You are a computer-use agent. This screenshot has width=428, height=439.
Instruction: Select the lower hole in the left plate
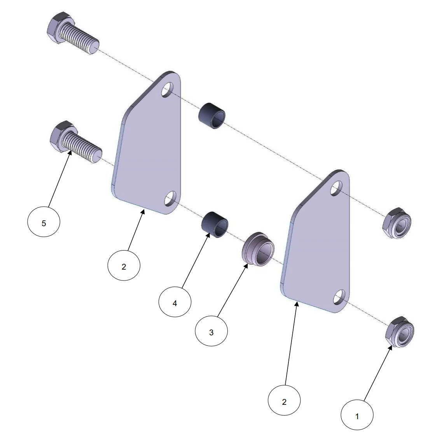[x=170, y=199]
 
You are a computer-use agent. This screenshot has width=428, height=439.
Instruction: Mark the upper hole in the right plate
[x=336, y=188]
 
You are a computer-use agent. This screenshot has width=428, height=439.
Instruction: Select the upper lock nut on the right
[x=397, y=223]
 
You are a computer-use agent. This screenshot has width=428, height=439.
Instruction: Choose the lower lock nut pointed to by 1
[x=400, y=332]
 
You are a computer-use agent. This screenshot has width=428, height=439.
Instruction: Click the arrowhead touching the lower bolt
[x=70, y=153]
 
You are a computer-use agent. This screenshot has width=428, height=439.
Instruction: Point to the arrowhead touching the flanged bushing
[x=246, y=265]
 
